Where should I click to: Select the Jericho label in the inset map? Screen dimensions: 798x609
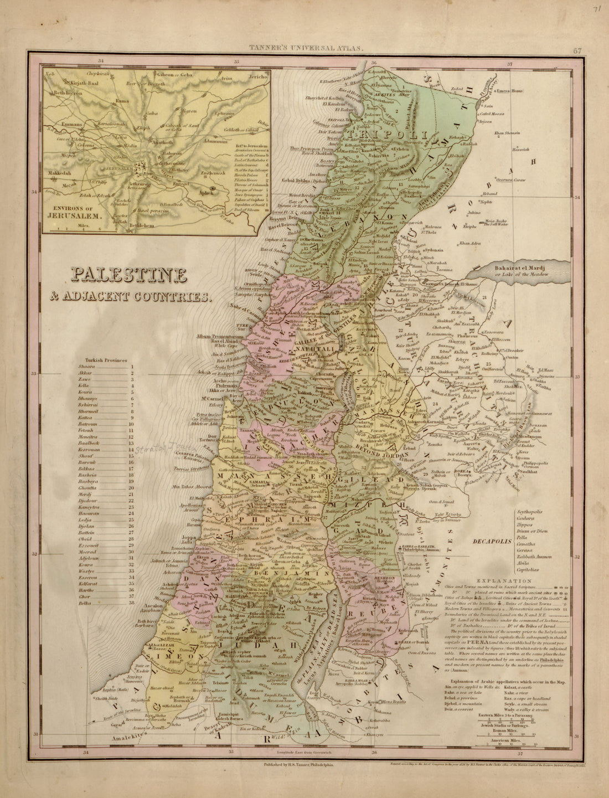click(258, 78)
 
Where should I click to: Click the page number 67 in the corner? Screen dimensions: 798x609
click(577, 52)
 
